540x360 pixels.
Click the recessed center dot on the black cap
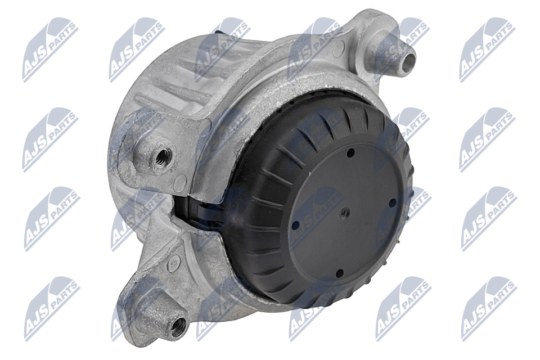[x=345, y=213]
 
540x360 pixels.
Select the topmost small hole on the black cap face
[x=350, y=152]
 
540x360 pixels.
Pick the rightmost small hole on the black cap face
[x=392, y=202]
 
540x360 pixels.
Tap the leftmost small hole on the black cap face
[x=295, y=226]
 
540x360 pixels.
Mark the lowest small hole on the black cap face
[x=339, y=273]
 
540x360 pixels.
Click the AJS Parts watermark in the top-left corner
[x=50, y=50]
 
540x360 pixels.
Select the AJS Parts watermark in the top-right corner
[x=487, y=50]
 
